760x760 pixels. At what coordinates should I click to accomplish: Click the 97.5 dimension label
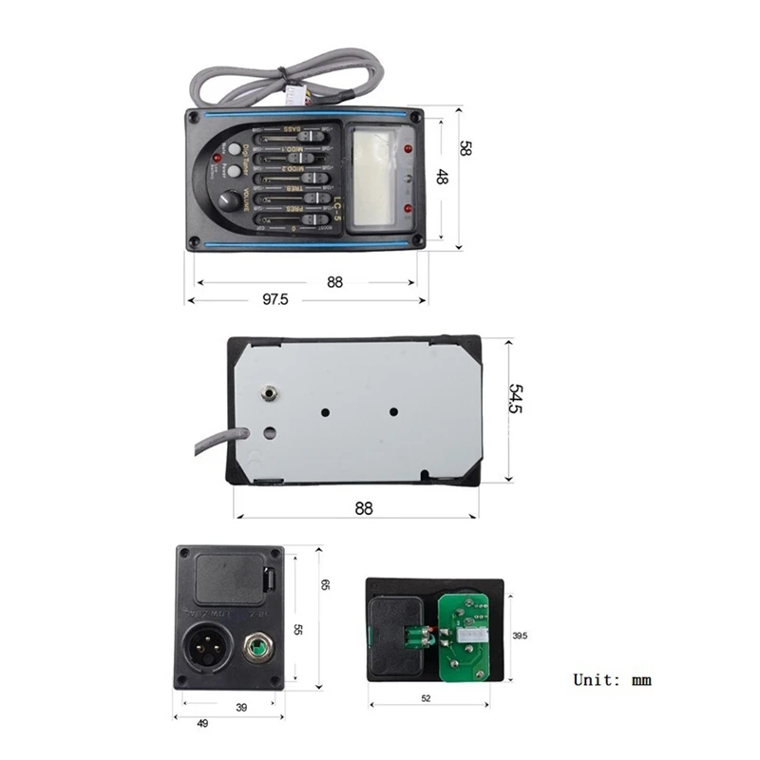pos(270,298)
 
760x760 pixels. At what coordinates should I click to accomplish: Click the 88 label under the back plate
pos(364,508)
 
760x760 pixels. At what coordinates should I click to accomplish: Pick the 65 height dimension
pos(323,586)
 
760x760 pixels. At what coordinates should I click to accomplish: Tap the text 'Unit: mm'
pos(612,679)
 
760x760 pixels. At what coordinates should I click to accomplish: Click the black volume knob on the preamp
pos(229,201)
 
